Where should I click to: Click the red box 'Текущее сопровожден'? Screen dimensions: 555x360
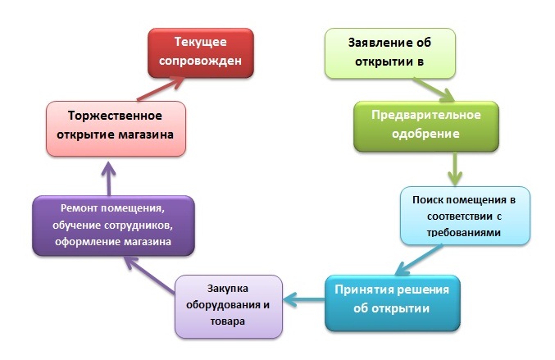[x=201, y=53]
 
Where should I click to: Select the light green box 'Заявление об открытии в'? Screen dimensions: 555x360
[x=390, y=53]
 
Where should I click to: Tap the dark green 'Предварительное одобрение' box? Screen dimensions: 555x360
[x=426, y=127]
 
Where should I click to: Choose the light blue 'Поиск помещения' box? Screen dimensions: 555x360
[x=465, y=216]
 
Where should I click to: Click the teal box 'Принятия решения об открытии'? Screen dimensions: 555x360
[x=393, y=303]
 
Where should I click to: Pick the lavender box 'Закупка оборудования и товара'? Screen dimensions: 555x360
[x=229, y=307]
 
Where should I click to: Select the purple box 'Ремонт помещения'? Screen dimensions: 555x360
[x=113, y=226]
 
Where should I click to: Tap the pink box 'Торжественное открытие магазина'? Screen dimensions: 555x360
[x=116, y=129]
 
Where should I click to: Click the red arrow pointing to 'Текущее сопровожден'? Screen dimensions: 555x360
[x=161, y=89]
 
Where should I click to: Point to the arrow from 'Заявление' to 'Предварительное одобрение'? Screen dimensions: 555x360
[x=434, y=90]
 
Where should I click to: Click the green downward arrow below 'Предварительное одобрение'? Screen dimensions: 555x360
[x=455, y=169]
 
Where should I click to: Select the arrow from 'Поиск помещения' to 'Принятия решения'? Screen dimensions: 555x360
[x=419, y=259]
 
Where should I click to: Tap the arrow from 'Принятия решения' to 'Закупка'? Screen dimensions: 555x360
[x=303, y=300]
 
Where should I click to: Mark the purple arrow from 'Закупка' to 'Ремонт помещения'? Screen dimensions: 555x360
[x=149, y=275]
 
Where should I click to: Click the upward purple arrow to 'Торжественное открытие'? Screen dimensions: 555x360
[x=109, y=179]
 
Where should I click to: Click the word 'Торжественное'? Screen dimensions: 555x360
[x=115, y=116]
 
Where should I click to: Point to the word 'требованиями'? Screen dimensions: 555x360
[x=464, y=233]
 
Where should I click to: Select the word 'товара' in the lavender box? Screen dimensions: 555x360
[x=228, y=321]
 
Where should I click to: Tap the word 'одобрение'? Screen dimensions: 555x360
[x=425, y=134]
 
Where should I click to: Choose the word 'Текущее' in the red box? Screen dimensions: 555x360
[x=201, y=42]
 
